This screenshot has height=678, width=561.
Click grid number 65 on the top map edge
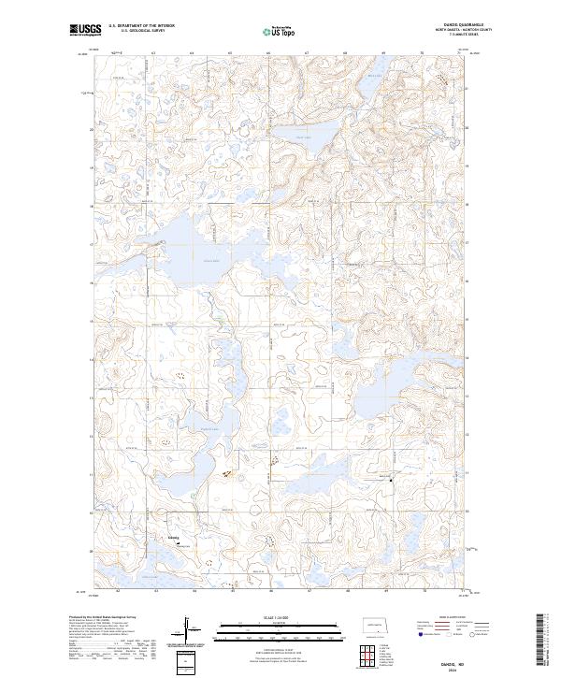click(x=230, y=54)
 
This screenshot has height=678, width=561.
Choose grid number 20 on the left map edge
click(x=91, y=129)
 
